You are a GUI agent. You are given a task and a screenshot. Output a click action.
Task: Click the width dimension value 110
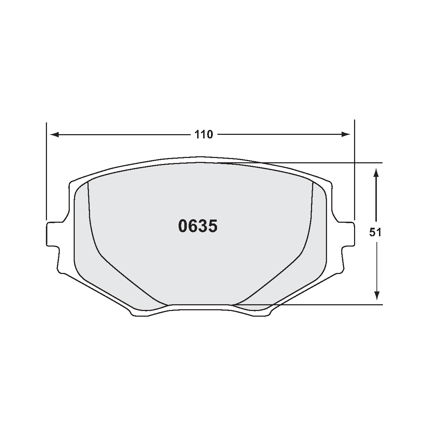point(204,135)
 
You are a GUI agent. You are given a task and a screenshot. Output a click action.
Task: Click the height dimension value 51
point(375,232)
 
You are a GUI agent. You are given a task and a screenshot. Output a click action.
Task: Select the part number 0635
point(197,226)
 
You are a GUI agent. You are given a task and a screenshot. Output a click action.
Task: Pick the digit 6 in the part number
point(193,226)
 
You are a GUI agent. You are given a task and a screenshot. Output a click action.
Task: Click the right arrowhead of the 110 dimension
point(346,135)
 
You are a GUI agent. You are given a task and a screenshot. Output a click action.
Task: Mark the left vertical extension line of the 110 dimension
point(46,171)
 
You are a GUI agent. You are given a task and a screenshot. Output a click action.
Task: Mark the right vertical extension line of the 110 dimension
point(354,171)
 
